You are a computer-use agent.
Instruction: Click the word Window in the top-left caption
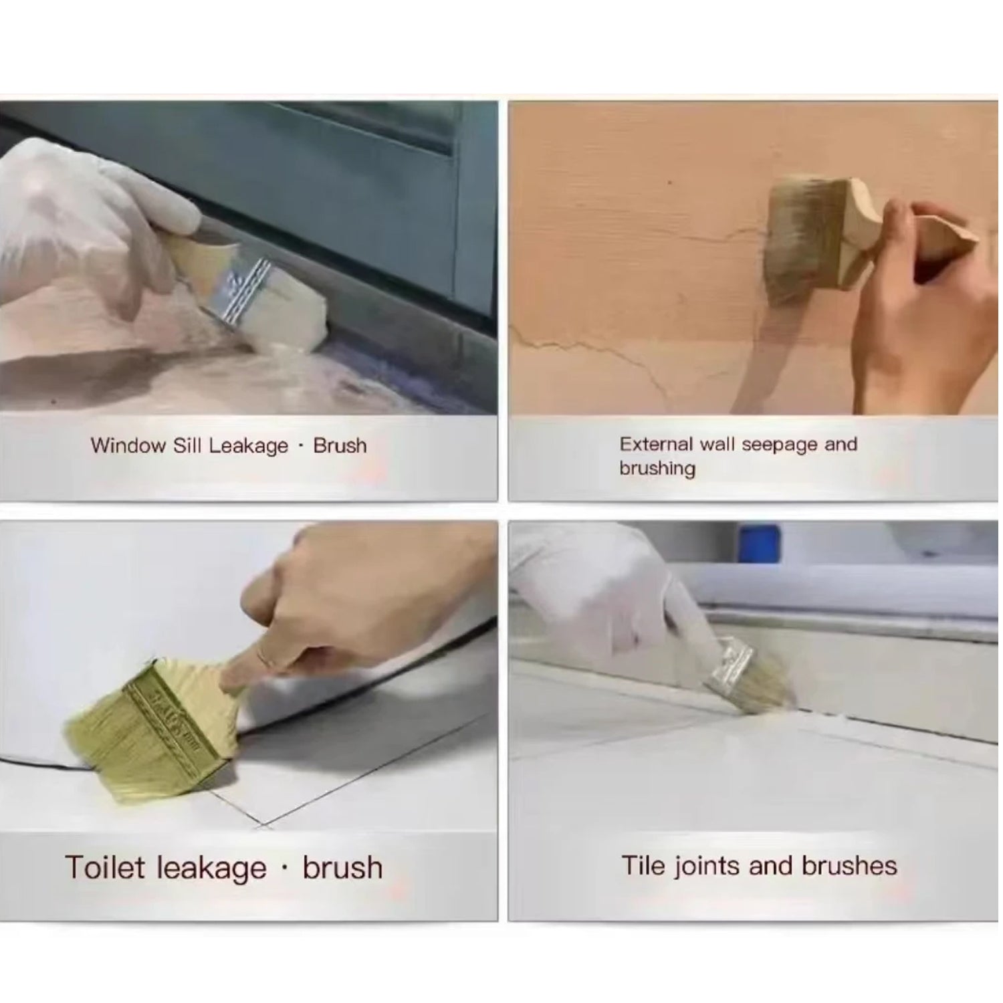128,446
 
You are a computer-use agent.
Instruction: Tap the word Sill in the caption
187,446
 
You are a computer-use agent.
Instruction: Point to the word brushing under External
657,468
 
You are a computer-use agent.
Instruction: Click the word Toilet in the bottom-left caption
104,867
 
